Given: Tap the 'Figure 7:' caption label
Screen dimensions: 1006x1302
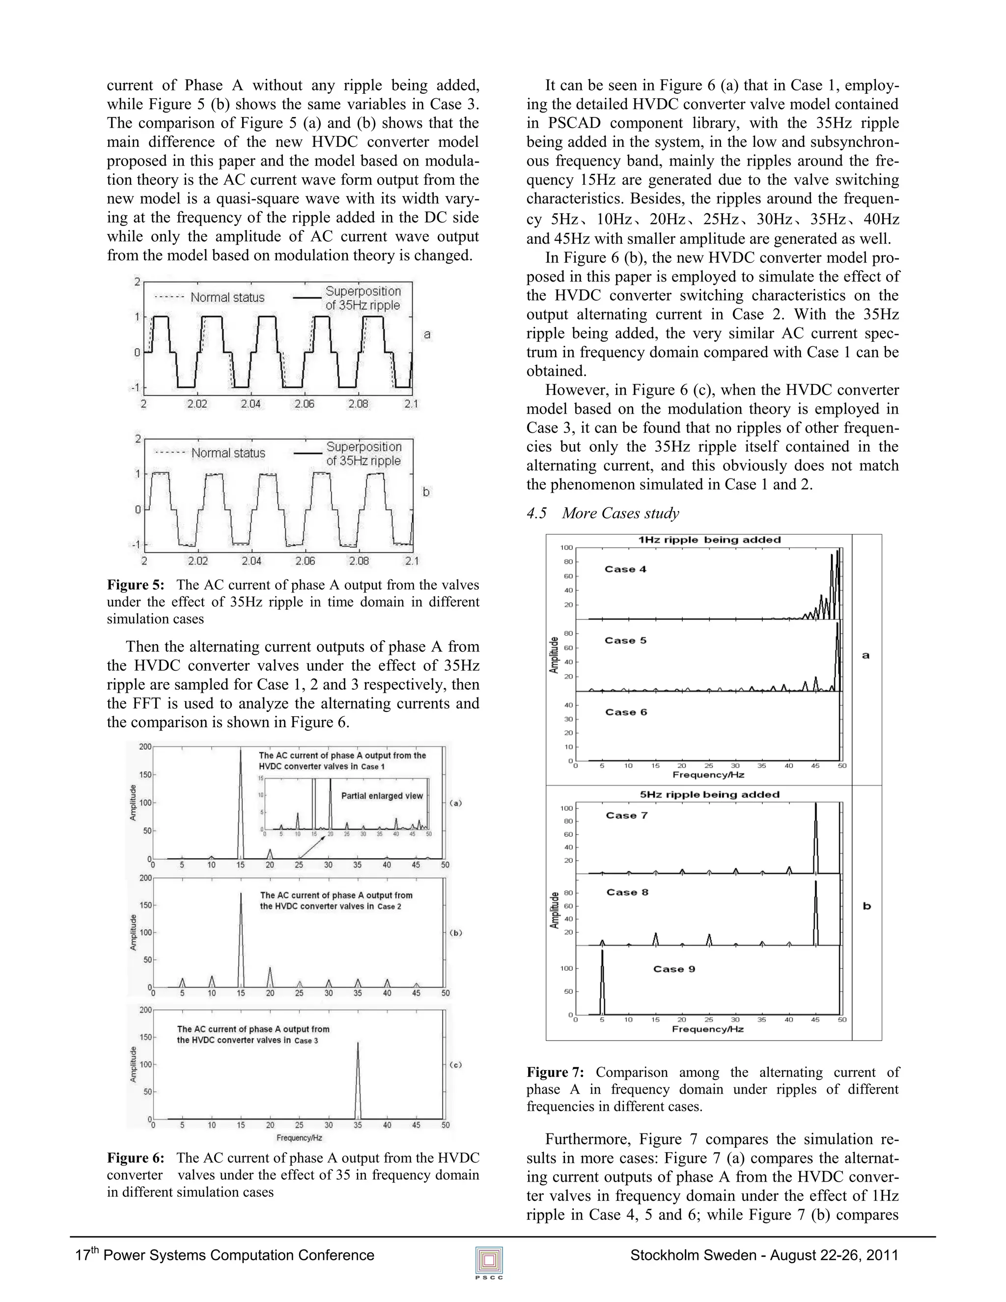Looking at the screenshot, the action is [555, 1073].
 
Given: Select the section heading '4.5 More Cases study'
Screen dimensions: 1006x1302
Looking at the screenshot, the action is [603, 513].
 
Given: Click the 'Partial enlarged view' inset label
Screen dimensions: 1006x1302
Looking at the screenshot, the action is [382, 796].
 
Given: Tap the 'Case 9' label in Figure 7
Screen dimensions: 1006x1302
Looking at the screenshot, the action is [674, 969].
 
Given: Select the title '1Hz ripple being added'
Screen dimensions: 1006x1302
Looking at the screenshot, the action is [709, 540].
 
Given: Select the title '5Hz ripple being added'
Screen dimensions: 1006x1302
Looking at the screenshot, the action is [709, 794].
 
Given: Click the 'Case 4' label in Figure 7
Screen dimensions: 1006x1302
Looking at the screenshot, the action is [625, 569].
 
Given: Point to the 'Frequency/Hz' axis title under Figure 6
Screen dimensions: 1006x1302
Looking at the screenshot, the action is [299, 1137].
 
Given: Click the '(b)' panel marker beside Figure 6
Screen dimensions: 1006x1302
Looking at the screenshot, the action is [455, 933].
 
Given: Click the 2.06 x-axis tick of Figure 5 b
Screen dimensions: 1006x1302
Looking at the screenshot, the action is [305, 561].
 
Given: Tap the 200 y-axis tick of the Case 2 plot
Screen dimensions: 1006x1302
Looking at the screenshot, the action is [145, 878].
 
